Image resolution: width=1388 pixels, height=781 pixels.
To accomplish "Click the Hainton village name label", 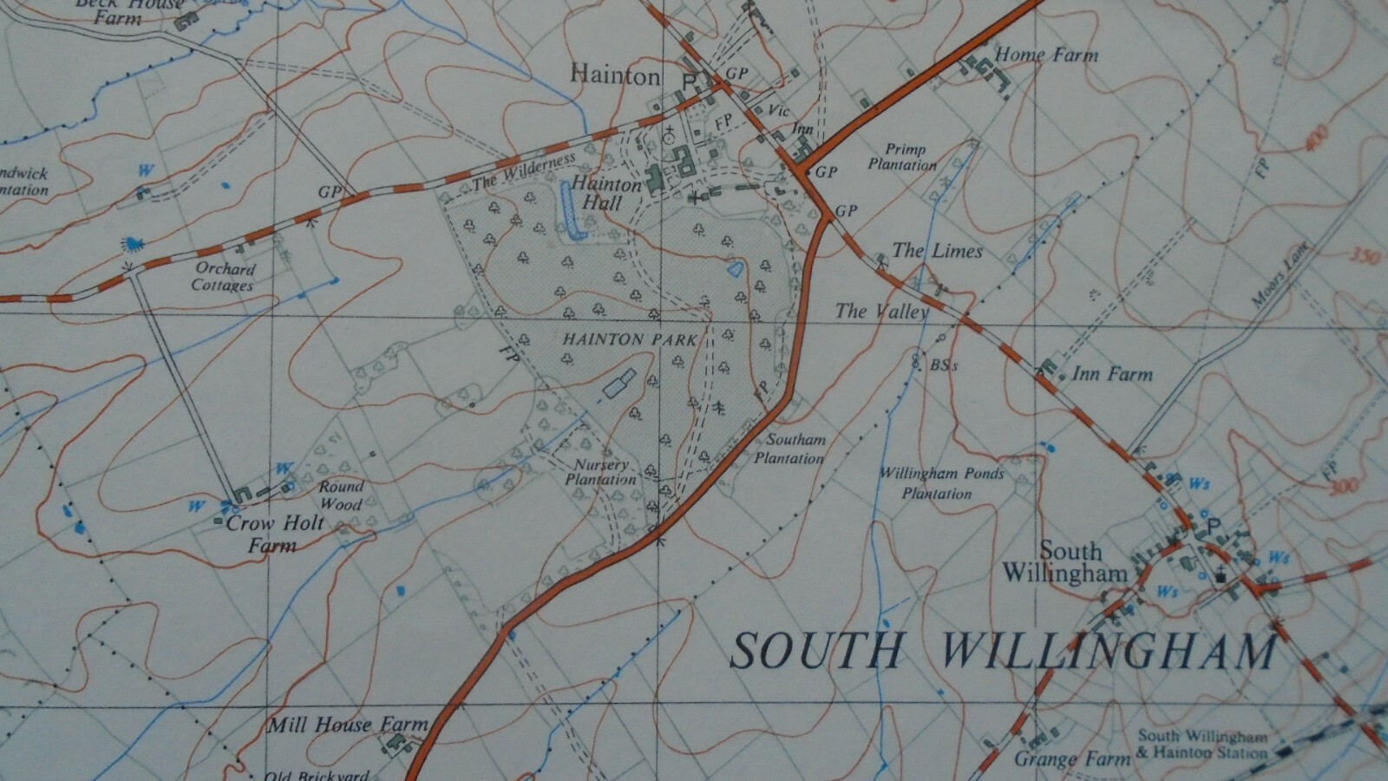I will tap(615, 75).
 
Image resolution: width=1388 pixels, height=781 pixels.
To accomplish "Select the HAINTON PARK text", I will tap(629, 339).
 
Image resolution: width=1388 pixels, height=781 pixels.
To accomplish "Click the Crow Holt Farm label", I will tap(273, 534).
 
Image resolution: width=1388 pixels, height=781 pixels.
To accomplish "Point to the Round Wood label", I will tap(341, 495).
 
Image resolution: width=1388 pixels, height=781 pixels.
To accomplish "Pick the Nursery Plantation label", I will tap(600, 472).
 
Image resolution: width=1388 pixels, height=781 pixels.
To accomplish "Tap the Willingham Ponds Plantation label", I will tap(940, 483).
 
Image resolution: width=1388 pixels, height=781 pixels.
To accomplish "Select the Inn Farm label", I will tap(1112, 375).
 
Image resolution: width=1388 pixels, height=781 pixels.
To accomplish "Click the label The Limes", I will tap(937, 251).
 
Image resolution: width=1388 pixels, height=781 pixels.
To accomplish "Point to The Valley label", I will tap(881, 311).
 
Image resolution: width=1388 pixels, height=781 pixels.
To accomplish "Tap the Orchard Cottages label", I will tap(224, 277).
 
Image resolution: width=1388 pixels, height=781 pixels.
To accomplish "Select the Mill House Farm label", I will tap(347, 725).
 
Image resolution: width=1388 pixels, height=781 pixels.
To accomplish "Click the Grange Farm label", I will tap(1072, 759).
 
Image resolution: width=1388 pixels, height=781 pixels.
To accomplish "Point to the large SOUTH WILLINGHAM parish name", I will tap(1002, 651).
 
